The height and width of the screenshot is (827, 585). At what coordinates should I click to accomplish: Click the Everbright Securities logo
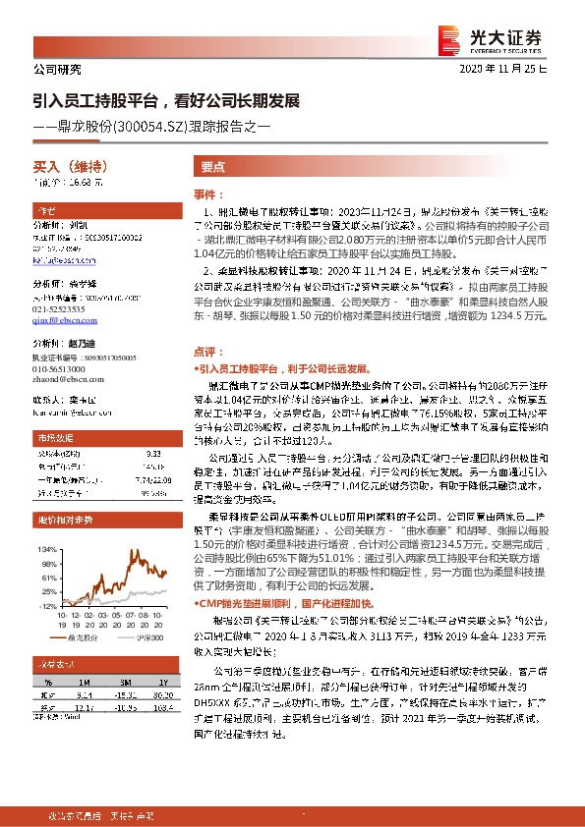501,37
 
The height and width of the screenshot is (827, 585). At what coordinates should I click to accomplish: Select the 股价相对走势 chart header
65,518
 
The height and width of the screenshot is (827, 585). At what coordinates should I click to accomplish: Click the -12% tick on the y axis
47,606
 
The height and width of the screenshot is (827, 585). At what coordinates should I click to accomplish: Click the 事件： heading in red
208,195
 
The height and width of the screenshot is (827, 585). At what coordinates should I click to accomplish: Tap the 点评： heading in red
208,350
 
